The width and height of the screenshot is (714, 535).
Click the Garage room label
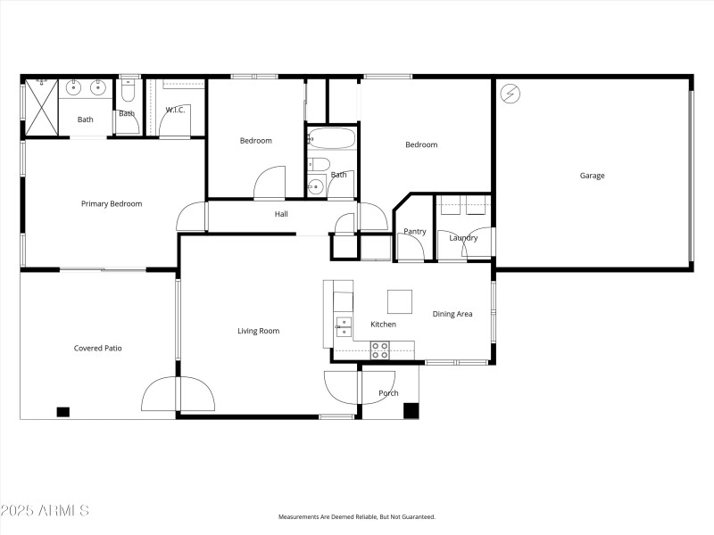tap(592, 176)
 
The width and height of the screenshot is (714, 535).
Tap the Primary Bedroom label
tap(112, 204)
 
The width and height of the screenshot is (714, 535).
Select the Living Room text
tap(258, 331)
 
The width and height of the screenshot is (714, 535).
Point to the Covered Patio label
tap(97, 348)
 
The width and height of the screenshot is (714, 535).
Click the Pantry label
tap(415, 232)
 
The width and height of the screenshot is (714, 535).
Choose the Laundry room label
tap(463, 238)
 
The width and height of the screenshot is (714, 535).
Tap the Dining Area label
tap(452, 314)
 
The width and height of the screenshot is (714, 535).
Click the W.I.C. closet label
tap(176, 110)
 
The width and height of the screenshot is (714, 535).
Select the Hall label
tap(281, 214)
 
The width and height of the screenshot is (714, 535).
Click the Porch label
tap(388, 393)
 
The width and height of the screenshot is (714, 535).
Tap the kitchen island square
tap(400, 301)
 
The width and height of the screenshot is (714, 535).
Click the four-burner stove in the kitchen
tap(380, 350)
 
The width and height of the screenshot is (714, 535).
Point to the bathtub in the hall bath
tap(331, 140)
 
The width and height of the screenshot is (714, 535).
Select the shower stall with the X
tap(40, 106)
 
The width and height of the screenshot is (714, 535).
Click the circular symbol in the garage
tap(510, 93)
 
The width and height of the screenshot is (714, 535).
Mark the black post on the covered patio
tap(62, 412)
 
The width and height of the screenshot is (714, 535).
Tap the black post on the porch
tap(411, 411)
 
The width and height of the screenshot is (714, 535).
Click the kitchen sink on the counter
tap(343, 325)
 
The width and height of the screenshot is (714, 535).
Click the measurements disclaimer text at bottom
tap(357, 517)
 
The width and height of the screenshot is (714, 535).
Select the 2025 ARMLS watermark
tap(45, 511)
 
